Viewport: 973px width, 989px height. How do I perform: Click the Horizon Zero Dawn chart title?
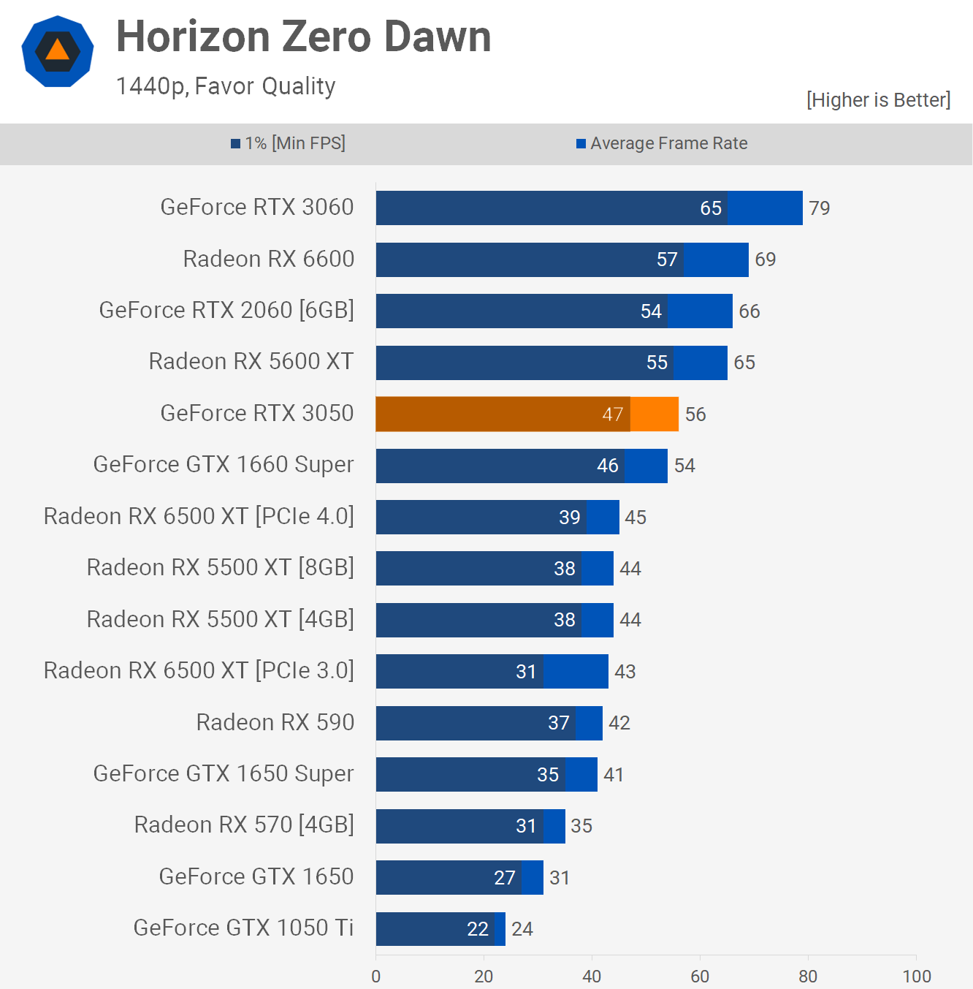pyautogui.click(x=303, y=37)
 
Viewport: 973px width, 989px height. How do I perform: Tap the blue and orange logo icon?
pyautogui.click(x=58, y=51)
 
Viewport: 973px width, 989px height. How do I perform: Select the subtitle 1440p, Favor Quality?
pyautogui.click(x=226, y=86)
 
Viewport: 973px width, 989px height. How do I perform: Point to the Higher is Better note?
pyautogui.click(x=878, y=100)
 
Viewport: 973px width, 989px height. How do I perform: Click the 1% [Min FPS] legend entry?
pyautogui.click(x=289, y=143)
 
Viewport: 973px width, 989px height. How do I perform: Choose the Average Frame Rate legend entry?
pyautogui.click(x=662, y=143)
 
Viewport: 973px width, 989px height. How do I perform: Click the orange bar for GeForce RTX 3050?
pyautogui.click(x=526, y=414)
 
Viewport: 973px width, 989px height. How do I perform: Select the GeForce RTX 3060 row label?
pyautogui.click(x=257, y=208)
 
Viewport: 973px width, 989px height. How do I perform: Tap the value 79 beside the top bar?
pyautogui.click(x=819, y=208)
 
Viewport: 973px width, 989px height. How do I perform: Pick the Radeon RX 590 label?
pyautogui.click(x=275, y=722)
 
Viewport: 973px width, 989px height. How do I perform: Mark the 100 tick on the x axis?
pyautogui.click(x=916, y=977)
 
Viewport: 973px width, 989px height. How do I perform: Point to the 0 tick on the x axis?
pyautogui.click(x=376, y=977)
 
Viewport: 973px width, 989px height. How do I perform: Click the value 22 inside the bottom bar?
pyautogui.click(x=478, y=929)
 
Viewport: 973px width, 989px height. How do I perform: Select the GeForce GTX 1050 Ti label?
pyautogui.click(x=243, y=928)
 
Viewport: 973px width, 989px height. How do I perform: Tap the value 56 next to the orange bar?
pyautogui.click(x=695, y=414)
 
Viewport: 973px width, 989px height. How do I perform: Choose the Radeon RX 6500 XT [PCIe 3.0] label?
pyautogui.click(x=199, y=670)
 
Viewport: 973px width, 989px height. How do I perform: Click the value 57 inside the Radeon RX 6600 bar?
pyautogui.click(x=667, y=259)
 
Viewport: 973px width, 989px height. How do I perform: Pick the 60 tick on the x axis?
pyautogui.click(x=700, y=977)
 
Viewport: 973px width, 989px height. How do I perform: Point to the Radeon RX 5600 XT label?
pyautogui.click(x=251, y=362)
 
